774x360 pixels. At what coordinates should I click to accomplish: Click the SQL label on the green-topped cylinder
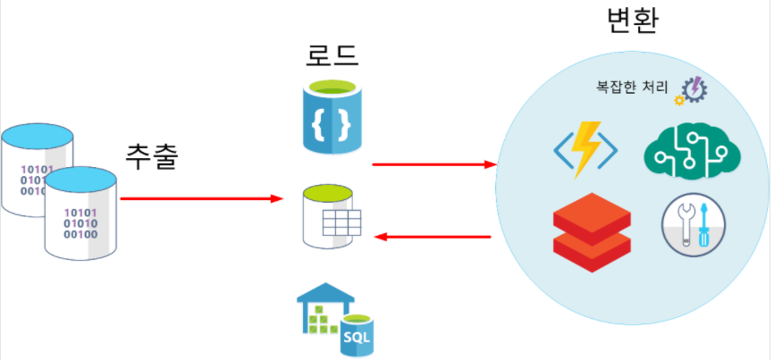coord(356,338)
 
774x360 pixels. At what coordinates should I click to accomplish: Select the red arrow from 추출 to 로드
coord(200,198)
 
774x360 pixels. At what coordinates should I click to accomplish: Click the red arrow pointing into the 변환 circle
coord(433,164)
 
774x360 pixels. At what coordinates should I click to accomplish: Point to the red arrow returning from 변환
coord(433,237)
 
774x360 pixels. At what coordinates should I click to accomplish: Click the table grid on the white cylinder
coord(341,222)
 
